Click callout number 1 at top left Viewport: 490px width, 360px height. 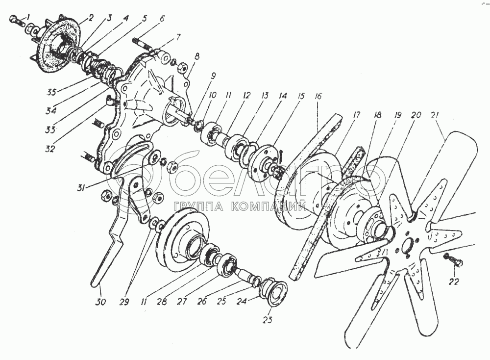[x=29, y=17]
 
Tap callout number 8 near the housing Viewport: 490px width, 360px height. [x=196, y=57]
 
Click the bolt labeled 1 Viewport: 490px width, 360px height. [x=15, y=21]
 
